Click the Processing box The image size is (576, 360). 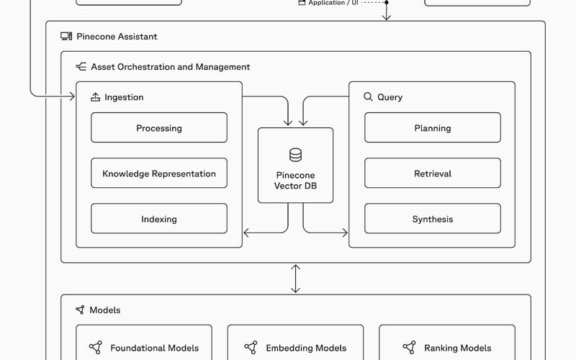tap(159, 128)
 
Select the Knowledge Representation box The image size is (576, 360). tap(159, 174)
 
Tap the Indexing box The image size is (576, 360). tap(159, 219)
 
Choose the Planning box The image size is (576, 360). tap(433, 128)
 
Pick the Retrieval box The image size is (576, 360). tap(433, 174)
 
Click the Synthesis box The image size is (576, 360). tap(433, 219)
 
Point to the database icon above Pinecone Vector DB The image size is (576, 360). tap(295, 155)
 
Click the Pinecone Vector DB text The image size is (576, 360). tap(295, 181)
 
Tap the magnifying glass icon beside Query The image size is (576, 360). tap(368, 96)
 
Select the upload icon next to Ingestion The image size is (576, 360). tap(95, 96)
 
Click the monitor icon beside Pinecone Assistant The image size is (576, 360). tap(66, 36)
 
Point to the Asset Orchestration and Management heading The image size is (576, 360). tap(171, 67)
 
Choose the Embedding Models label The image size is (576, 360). tap(306, 348)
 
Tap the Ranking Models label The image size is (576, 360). tap(458, 348)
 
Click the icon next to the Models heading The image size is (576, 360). tap(80, 310)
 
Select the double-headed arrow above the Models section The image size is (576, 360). tap(295, 278)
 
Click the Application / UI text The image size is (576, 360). tap(333, 3)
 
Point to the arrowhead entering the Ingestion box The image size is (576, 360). tap(72, 96)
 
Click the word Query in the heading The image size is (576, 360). tap(390, 97)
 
